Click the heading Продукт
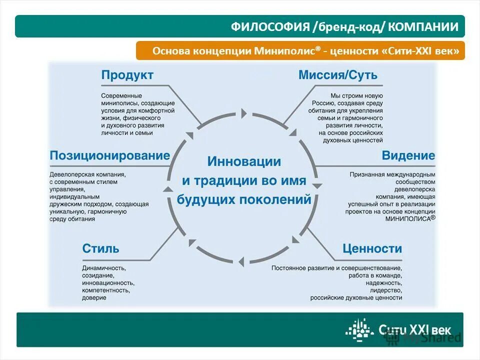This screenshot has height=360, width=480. (127, 75)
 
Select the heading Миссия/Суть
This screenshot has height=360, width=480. (338, 75)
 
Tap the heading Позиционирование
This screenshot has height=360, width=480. (110, 155)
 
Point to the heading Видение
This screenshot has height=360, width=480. (408, 155)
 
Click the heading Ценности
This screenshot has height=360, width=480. (372, 248)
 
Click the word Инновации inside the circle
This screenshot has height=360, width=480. (244, 161)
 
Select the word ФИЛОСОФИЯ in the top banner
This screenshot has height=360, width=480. (270, 27)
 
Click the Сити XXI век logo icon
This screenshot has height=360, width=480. (359, 329)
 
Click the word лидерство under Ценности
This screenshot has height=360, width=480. (386, 290)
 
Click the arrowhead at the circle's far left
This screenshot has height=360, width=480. (168, 189)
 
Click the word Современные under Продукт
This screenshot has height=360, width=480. (121, 95)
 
